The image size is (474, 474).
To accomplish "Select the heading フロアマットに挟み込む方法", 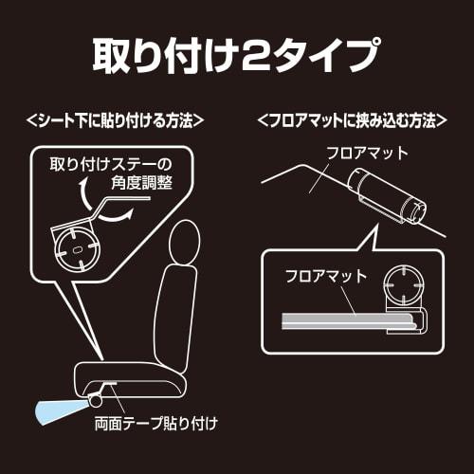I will pos(352,122).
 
